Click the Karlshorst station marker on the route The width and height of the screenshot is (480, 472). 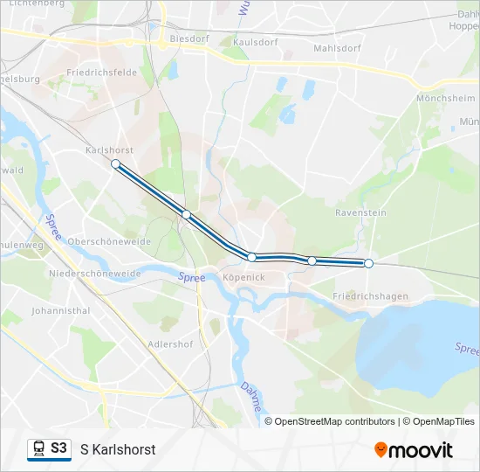pyautogui.click(x=115, y=163)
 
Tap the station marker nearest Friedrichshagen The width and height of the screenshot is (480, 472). pyautogui.click(x=368, y=263)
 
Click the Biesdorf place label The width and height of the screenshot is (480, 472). pyautogui.click(x=190, y=39)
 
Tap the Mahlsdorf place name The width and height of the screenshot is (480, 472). pyautogui.click(x=337, y=48)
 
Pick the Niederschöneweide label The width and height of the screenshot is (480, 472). pyautogui.click(x=95, y=274)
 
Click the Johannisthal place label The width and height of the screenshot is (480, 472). pyautogui.click(x=60, y=310)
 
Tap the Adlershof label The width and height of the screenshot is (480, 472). pyautogui.click(x=171, y=344)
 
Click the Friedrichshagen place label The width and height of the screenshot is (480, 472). pyautogui.click(x=371, y=296)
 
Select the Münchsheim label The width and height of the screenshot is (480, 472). pyautogui.click(x=446, y=99)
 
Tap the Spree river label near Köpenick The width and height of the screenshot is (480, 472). pyautogui.click(x=192, y=277)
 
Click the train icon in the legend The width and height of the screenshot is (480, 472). pyautogui.click(x=38, y=448)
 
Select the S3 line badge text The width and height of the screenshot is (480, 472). pyautogui.click(x=58, y=448)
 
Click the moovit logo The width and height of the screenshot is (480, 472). pyautogui.click(x=414, y=450)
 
